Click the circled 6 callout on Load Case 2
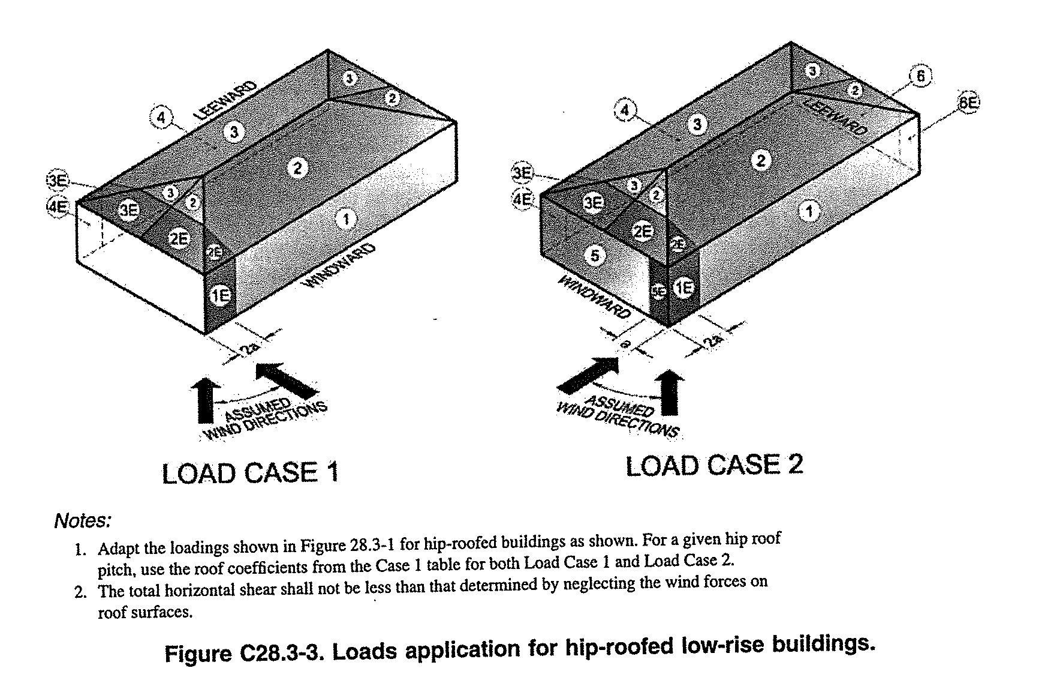pyautogui.click(x=920, y=76)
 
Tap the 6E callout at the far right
pyautogui.click(x=967, y=103)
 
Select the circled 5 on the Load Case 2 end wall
pyautogui.click(x=594, y=256)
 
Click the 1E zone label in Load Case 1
pyautogui.click(x=219, y=295)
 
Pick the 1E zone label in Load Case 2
pyautogui.click(x=683, y=288)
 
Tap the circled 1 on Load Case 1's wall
pyautogui.click(x=346, y=220)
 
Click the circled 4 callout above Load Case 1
pyautogui.click(x=161, y=117)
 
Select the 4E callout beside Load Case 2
pyautogui.click(x=522, y=199)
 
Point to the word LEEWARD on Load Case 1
pyautogui.click(x=225, y=100)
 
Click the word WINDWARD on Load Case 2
pyautogui.click(x=594, y=298)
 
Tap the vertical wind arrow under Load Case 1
pyautogui.click(x=203, y=399)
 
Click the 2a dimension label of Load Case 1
pyautogui.click(x=248, y=349)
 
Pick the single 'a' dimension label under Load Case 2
pyautogui.click(x=625, y=343)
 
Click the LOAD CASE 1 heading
pyautogui.click(x=251, y=473)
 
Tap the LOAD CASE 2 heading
pyautogui.click(x=713, y=466)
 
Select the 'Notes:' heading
pyautogui.click(x=82, y=520)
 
